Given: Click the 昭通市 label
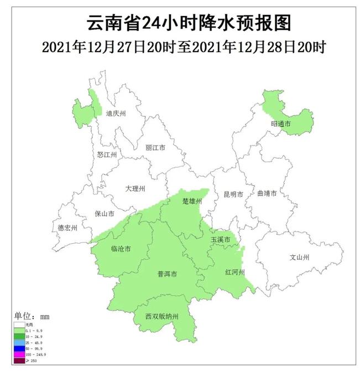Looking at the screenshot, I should tap(280, 124).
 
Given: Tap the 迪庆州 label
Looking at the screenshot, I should tap(116, 114).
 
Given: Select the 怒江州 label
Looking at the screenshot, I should tap(107, 154).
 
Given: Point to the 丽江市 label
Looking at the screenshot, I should tap(155, 148).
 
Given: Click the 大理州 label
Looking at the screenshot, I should tap(135, 189).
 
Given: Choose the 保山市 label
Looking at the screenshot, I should tap(105, 213).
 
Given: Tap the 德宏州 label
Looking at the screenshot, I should tap(68, 228).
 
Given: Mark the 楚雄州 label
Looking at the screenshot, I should tap(192, 202).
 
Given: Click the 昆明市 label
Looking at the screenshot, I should tap(233, 194).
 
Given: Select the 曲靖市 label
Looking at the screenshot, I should tap(267, 194).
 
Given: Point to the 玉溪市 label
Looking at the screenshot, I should tap(220, 240).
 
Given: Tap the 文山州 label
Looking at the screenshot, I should tap(300, 257).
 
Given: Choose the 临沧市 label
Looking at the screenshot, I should tap(121, 249).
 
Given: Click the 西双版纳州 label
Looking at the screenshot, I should tap(162, 317).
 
